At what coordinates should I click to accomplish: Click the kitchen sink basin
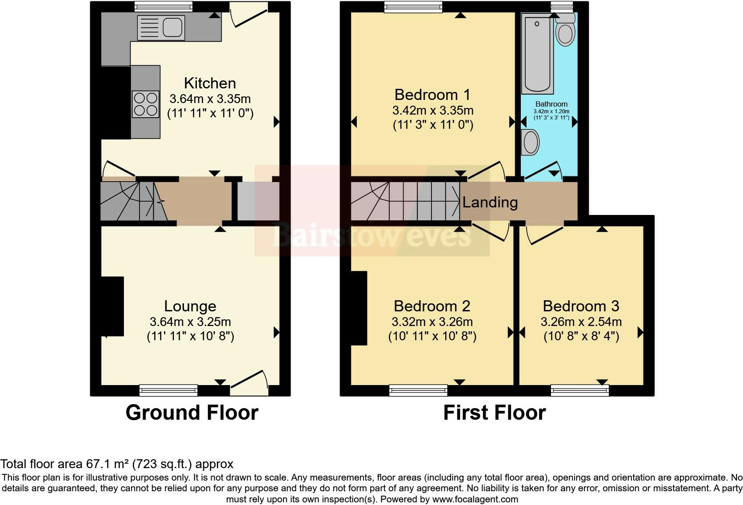pyautogui.click(x=172, y=27)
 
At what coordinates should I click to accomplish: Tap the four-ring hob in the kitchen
pyautogui.click(x=146, y=104)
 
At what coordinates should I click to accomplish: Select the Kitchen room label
pyautogui.click(x=210, y=83)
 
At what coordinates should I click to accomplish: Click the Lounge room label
pyautogui.click(x=190, y=306)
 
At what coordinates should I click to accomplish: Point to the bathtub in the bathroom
pyautogui.click(x=537, y=53)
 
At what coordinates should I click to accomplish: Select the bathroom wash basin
pyautogui.click(x=530, y=142)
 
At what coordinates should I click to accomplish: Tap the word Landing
pyautogui.click(x=490, y=202)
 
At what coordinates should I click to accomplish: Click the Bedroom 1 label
pyautogui.click(x=432, y=95)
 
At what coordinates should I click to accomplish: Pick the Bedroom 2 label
pyautogui.click(x=432, y=306)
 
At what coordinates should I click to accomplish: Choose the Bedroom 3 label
pyautogui.click(x=581, y=306)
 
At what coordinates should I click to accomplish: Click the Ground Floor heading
pyautogui.click(x=192, y=413)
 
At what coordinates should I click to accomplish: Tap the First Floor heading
pyautogui.click(x=495, y=413)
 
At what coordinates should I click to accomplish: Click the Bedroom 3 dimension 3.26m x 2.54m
pyautogui.click(x=581, y=322)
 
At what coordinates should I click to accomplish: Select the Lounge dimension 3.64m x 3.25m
pyautogui.click(x=190, y=322)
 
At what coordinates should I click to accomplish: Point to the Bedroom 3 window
pyautogui.click(x=580, y=390)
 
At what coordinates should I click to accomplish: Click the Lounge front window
pyautogui.click(x=168, y=390)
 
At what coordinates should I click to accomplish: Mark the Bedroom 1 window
pyautogui.click(x=413, y=7)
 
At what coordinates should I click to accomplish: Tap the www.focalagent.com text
pyautogui.click(x=475, y=499)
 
